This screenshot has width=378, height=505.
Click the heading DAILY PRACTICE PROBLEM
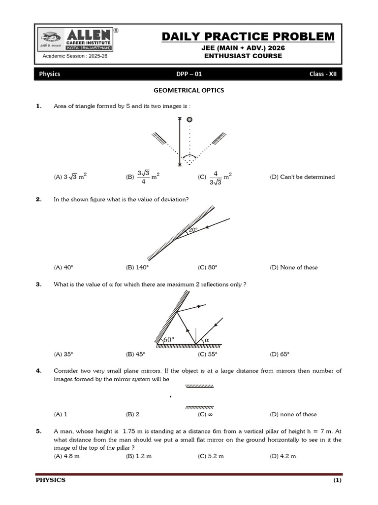point(248,36)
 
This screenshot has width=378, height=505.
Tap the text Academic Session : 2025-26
point(75,56)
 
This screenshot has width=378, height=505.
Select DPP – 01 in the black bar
point(189,74)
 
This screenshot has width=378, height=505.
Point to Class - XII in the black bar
point(323,74)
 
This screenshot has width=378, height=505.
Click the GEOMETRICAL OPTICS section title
point(189,90)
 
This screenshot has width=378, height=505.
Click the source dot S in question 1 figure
point(189,119)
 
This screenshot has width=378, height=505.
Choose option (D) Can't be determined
point(302,177)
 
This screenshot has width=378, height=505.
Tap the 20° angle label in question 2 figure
point(193,230)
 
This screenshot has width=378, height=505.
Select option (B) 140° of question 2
point(137,267)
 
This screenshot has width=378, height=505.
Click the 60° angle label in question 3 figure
point(169,340)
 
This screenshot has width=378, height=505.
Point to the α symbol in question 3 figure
point(207,340)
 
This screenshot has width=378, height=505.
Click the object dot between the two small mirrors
point(170,397)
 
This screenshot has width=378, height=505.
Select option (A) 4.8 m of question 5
point(67,456)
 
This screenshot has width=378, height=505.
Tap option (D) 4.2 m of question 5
point(283,456)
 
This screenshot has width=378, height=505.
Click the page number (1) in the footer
point(337,480)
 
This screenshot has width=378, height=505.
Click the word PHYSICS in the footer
point(50,480)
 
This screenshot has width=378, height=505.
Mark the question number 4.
point(39,370)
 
